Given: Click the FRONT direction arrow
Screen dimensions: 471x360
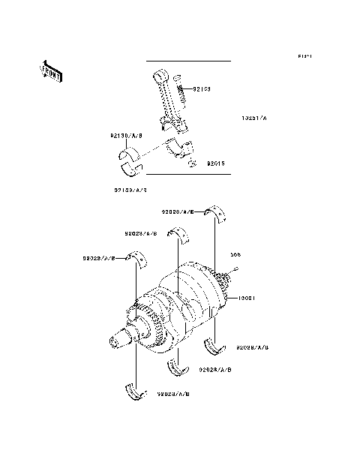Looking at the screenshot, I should pos(51,71).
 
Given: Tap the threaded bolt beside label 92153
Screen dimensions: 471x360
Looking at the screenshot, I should pos(181,94).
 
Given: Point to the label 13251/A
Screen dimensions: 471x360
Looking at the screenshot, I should pos(254,118).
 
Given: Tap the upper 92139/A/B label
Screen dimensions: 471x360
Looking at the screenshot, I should pos(127,136).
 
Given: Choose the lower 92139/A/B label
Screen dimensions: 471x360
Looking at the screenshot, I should pos(130,190).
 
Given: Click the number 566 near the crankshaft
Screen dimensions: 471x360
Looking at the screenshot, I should pos(235,254).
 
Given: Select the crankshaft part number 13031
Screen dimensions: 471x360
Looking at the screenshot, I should pos(249,298).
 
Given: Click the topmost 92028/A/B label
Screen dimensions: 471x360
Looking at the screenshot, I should pos(178,212).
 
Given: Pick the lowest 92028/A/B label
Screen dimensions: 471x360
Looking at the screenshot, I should pos(173,392).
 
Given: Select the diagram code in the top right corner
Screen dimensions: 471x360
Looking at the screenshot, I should pos(304,56).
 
